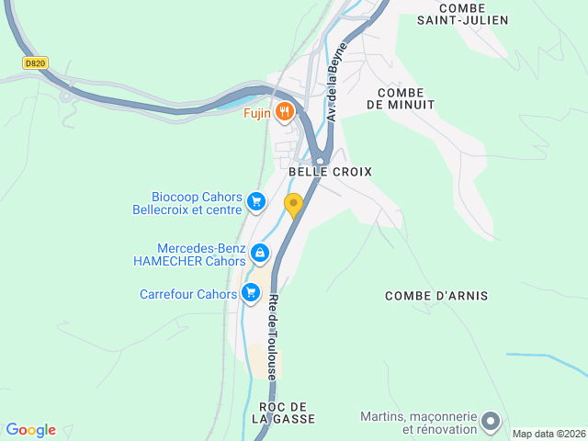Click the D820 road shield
pyautogui.click(x=35, y=62)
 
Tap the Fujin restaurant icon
pyautogui.click(x=285, y=112)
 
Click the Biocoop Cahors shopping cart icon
pyautogui.click(x=256, y=201)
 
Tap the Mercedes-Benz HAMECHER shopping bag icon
pyautogui.click(x=260, y=252)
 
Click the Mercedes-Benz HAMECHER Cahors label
pyautogui.click(x=190, y=254)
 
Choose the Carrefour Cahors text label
pyautogui.click(x=188, y=295)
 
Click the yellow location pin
pyautogui.click(x=294, y=205)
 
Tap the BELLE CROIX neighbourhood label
pyautogui.click(x=330, y=172)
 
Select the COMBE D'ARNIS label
pyautogui.click(x=436, y=296)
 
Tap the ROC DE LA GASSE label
pyautogui.click(x=283, y=413)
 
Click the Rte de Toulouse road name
pyautogui.click(x=273, y=336)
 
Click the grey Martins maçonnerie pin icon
pyautogui.click(x=491, y=422)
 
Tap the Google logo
pyautogui.click(x=30, y=430)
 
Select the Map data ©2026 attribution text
pyautogui.click(x=548, y=434)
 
